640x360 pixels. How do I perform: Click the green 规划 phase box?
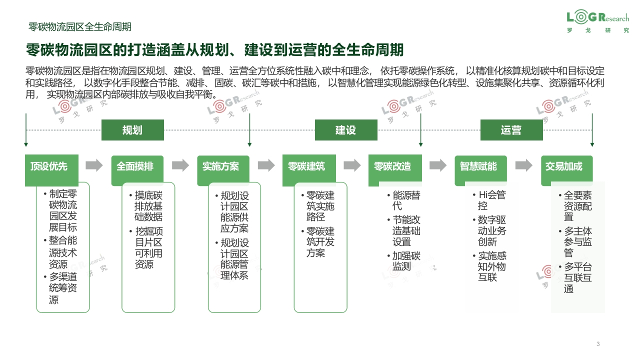[132, 130]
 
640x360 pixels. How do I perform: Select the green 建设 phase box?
[346, 130]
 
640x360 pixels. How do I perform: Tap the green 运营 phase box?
[511, 130]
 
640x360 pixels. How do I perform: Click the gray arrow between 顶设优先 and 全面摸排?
[94, 165]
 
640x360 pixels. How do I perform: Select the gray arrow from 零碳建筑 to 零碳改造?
[352, 165]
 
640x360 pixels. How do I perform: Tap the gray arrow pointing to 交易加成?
[524, 165]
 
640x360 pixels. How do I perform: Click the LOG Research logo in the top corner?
[597, 21]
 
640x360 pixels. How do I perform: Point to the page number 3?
[598, 343]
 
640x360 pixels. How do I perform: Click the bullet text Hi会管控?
[489, 200]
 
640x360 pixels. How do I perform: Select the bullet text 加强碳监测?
[404, 261]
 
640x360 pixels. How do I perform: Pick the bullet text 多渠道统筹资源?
[60, 288]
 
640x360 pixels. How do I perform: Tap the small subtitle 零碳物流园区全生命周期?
[79, 27]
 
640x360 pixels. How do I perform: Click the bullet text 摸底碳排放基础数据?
[146, 206]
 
